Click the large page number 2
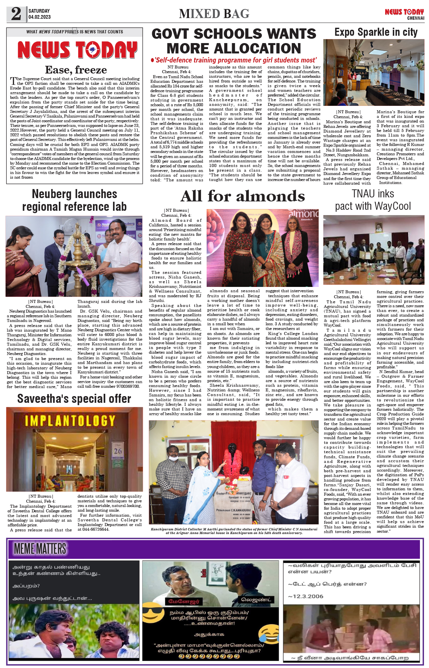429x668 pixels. click(x=16, y=14)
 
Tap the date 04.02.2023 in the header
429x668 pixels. click(x=39, y=17)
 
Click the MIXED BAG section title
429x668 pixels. click(x=214, y=14)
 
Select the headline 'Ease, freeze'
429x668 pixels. click(x=76, y=70)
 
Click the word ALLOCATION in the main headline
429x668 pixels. click(x=234, y=48)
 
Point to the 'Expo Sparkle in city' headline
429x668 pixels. click(x=376, y=32)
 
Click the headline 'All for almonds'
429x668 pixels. click(x=243, y=196)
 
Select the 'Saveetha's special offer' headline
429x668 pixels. click(x=74, y=398)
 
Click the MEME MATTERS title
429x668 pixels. click(x=40, y=549)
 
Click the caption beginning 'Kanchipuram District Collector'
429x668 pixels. click(x=234, y=531)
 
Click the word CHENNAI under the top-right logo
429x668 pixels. click(x=415, y=18)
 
